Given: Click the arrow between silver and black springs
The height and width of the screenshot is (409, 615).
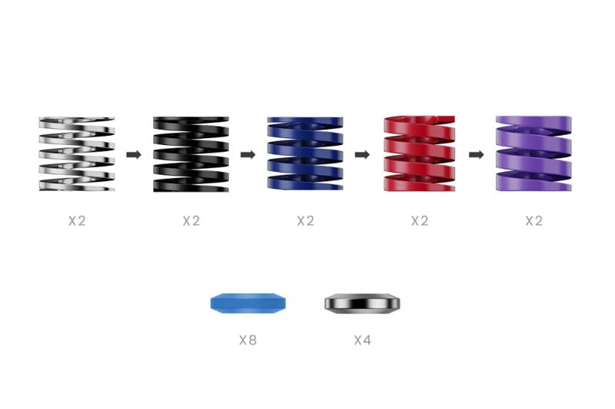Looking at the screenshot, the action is [134, 154].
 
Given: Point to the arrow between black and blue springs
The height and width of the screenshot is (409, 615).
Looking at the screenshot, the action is [248, 154].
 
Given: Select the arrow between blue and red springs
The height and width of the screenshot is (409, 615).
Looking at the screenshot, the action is [362, 154].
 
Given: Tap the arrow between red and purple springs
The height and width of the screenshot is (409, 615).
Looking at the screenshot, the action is [476, 154].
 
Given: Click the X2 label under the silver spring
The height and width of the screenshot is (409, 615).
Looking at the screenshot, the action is [77, 221].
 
